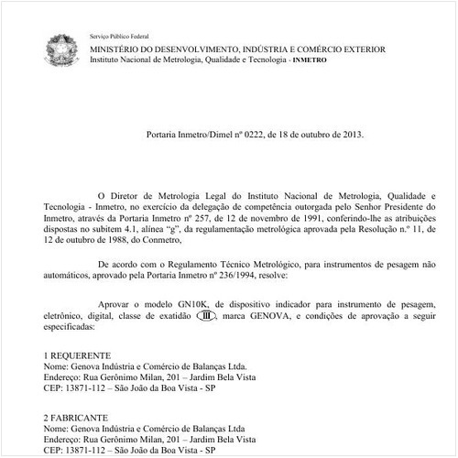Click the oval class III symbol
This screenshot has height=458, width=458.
click(x=209, y=314)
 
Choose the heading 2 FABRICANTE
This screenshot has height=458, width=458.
click(x=77, y=417)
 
